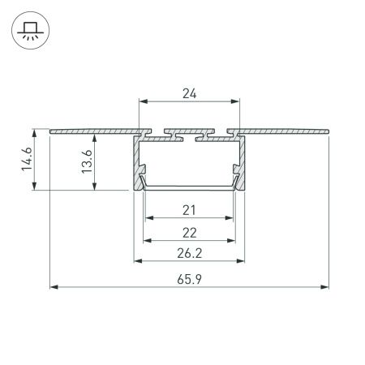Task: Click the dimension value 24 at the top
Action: click(189, 93)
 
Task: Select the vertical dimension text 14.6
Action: click(26, 160)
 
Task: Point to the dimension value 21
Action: click(189, 211)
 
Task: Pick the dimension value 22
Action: click(189, 233)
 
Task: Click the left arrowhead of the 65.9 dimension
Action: click(54, 286)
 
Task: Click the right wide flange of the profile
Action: click(284, 130)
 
